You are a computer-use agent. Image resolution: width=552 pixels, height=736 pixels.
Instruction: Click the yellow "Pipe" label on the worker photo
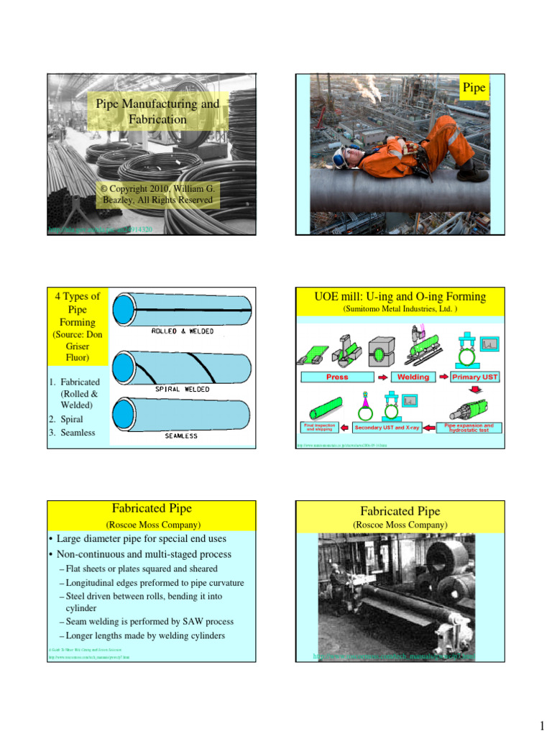pyautogui.click(x=474, y=88)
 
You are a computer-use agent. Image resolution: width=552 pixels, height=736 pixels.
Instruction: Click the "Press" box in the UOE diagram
pyautogui.click(x=336, y=377)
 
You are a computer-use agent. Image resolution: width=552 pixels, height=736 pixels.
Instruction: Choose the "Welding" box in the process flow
pyautogui.click(x=413, y=377)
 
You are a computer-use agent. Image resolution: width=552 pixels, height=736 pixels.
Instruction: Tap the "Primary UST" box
pyautogui.click(x=474, y=377)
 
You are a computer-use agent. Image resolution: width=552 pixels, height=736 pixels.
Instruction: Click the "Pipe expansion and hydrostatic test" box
pyautogui.click(x=469, y=428)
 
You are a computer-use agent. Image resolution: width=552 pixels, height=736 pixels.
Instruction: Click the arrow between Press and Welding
pyautogui.click(x=381, y=377)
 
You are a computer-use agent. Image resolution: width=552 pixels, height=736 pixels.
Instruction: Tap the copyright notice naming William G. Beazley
pyautogui.click(x=157, y=193)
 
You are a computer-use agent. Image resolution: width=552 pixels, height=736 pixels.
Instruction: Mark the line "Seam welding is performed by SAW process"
pyautogui.click(x=149, y=621)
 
